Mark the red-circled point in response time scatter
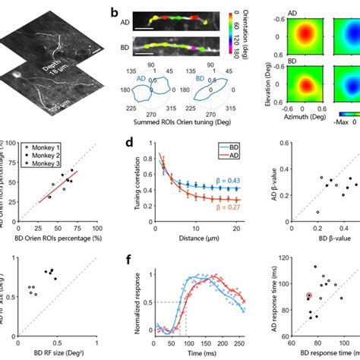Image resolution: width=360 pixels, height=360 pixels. (309, 295)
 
